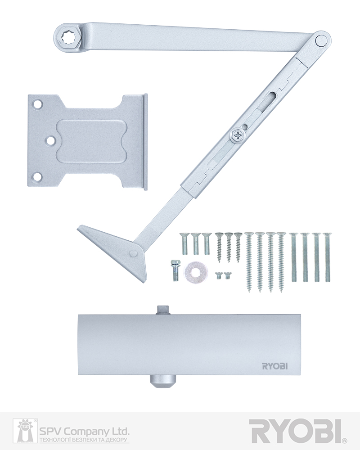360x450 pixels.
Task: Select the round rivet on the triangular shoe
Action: click(x=133, y=252)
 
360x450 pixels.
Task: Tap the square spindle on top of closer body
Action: click(x=162, y=310)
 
